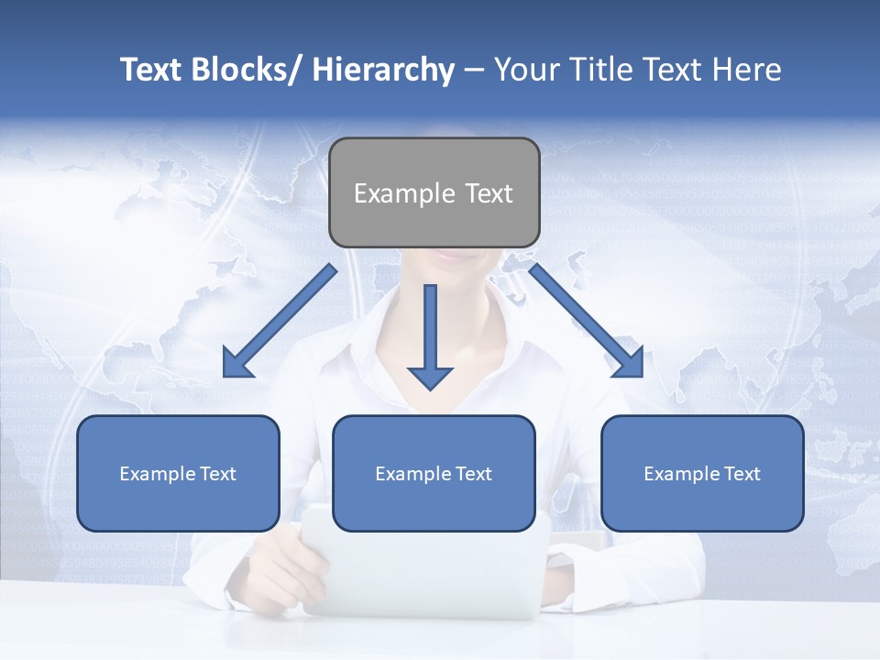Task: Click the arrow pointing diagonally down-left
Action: coord(284,317)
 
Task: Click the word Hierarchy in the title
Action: coord(383,70)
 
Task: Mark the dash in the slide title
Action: coord(474,71)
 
